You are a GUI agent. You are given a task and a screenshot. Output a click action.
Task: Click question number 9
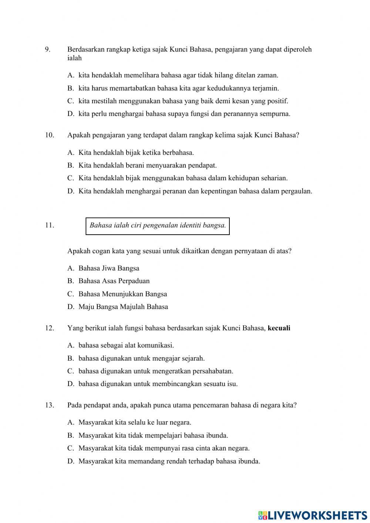coord(47,49)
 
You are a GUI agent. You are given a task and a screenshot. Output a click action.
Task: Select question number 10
coord(50,135)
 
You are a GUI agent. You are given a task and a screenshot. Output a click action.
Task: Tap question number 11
coord(50,225)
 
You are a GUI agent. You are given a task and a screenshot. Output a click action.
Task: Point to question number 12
coord(50,328)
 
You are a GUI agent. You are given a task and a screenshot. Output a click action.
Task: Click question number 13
coord(50,405)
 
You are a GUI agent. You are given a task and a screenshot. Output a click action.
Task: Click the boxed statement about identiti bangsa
coord(158,225)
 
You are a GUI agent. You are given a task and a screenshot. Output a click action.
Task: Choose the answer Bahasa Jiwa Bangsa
coord(108,268)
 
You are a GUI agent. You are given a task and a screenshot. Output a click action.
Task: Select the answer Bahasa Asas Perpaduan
coord(114,281)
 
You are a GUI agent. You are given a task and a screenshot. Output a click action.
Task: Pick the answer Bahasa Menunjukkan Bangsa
coord(122,294)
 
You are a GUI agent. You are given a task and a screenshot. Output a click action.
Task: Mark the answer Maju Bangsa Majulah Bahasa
coord(123,307)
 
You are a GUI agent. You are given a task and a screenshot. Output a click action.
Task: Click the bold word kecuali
coord(279,328)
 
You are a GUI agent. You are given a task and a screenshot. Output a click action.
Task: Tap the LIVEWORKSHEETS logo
coord(312,515)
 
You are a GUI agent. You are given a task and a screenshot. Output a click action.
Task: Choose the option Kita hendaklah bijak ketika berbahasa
coord(136,152)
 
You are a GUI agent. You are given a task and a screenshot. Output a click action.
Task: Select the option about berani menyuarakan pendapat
coord(147,165)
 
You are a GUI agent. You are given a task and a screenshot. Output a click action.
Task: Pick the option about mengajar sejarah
coord(141,358)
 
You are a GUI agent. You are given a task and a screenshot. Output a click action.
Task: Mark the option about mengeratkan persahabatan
coord(155,371)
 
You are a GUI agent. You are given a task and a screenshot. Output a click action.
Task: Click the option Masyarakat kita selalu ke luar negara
coord(135,422)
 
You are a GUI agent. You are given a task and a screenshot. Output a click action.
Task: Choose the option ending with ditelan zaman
coord(178,76)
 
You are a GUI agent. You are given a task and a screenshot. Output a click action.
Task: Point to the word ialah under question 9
coord(74,58)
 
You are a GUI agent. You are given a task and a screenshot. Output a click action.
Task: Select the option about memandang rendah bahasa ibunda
coord(169,461)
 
